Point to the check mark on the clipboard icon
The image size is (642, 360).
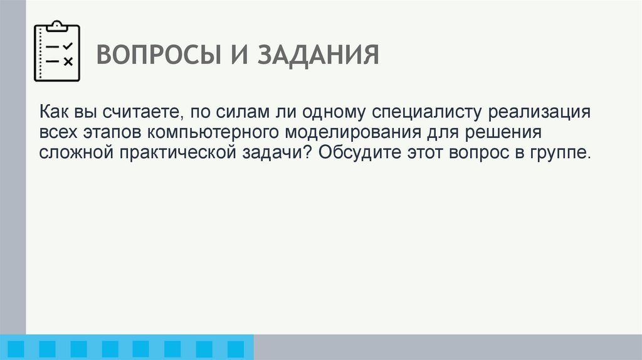point(68,46)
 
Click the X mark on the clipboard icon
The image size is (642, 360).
point(68,61)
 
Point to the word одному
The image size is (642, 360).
point(334,114)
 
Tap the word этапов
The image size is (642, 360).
point(113,134)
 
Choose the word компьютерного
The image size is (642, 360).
point(216,134)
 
